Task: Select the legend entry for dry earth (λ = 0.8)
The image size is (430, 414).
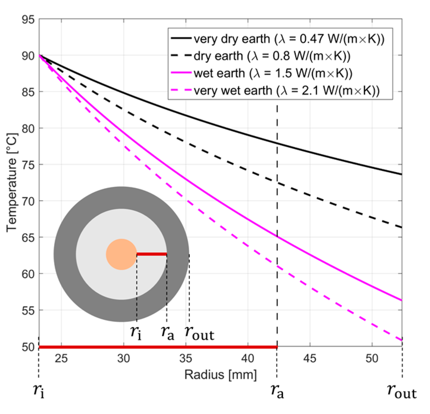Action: [x=272, y=56]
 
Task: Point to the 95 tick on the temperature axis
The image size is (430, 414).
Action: [x=28, y=20]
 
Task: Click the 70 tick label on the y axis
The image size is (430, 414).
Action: [x=28, y=201]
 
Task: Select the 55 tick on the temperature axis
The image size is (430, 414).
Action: [x=28, y=311]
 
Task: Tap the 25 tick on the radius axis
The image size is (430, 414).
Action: [x=61, y=358]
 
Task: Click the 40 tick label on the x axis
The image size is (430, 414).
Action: [x=248, y=358]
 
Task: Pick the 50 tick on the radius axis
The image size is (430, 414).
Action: [x=372, y=358]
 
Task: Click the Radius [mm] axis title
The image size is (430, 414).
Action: [x=220, y=374]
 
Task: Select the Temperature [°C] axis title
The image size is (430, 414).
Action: [x=12, y=182]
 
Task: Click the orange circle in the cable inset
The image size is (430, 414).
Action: [x=121, y=254]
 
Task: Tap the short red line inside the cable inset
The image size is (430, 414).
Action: [x=152, y=254]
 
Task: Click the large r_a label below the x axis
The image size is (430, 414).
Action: [x=277, y=391]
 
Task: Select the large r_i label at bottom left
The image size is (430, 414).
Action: [x=39, y=391]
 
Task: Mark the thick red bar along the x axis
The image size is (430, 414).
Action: [x=158, y=347]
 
